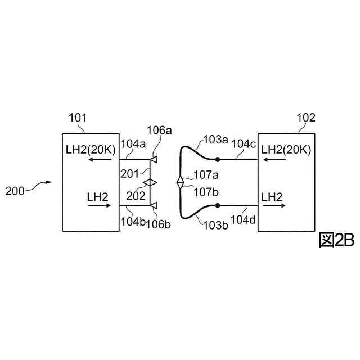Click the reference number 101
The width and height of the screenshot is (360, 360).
[77, 118]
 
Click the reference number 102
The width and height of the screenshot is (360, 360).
[305, 118]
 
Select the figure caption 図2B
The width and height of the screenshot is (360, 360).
[336, 240]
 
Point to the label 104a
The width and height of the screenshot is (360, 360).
[133, 144]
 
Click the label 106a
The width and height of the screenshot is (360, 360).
[159, 131]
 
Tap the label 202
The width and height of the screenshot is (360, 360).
[135, 196]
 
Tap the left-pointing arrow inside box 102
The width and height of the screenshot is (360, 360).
[273, 160]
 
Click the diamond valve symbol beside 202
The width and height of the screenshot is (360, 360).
[150, 183]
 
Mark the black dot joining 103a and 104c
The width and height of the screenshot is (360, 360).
[217, 160]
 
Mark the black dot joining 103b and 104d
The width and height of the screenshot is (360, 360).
[217, 206]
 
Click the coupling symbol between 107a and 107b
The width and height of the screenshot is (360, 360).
[180, 183]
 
